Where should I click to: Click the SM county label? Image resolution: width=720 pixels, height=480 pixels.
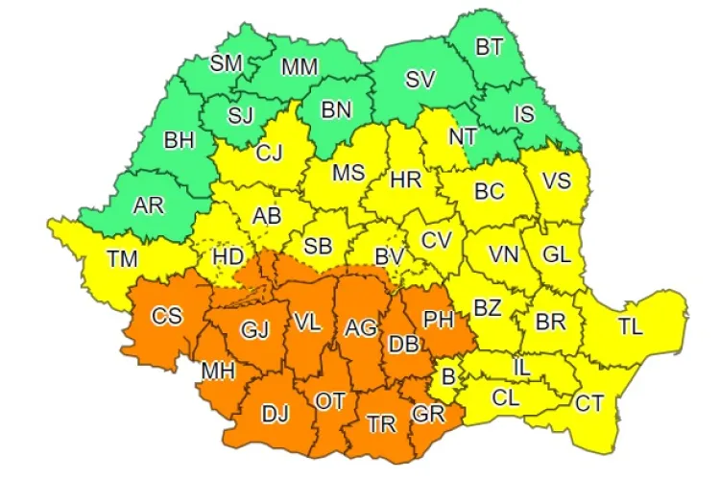(x=227, y=63)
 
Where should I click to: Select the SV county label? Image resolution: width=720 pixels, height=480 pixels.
(x=420, y=81)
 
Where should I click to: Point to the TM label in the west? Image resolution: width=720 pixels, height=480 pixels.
(x=122, y=257)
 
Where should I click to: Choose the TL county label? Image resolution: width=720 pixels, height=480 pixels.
(x=630, y=326)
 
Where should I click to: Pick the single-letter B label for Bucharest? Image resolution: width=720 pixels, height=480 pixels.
(x=447, y=376)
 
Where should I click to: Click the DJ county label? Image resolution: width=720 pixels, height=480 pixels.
(x=276, y=415)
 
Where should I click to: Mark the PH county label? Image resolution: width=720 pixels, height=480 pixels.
(x=438, y=317)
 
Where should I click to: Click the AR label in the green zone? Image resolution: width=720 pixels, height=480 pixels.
(x=148, y=204)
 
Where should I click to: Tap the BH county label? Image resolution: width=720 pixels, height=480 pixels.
(x=179, y=141)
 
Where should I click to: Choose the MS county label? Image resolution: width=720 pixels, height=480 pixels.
(x=348, y=173)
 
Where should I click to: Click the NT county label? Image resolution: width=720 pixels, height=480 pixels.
(x=463, y=136)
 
